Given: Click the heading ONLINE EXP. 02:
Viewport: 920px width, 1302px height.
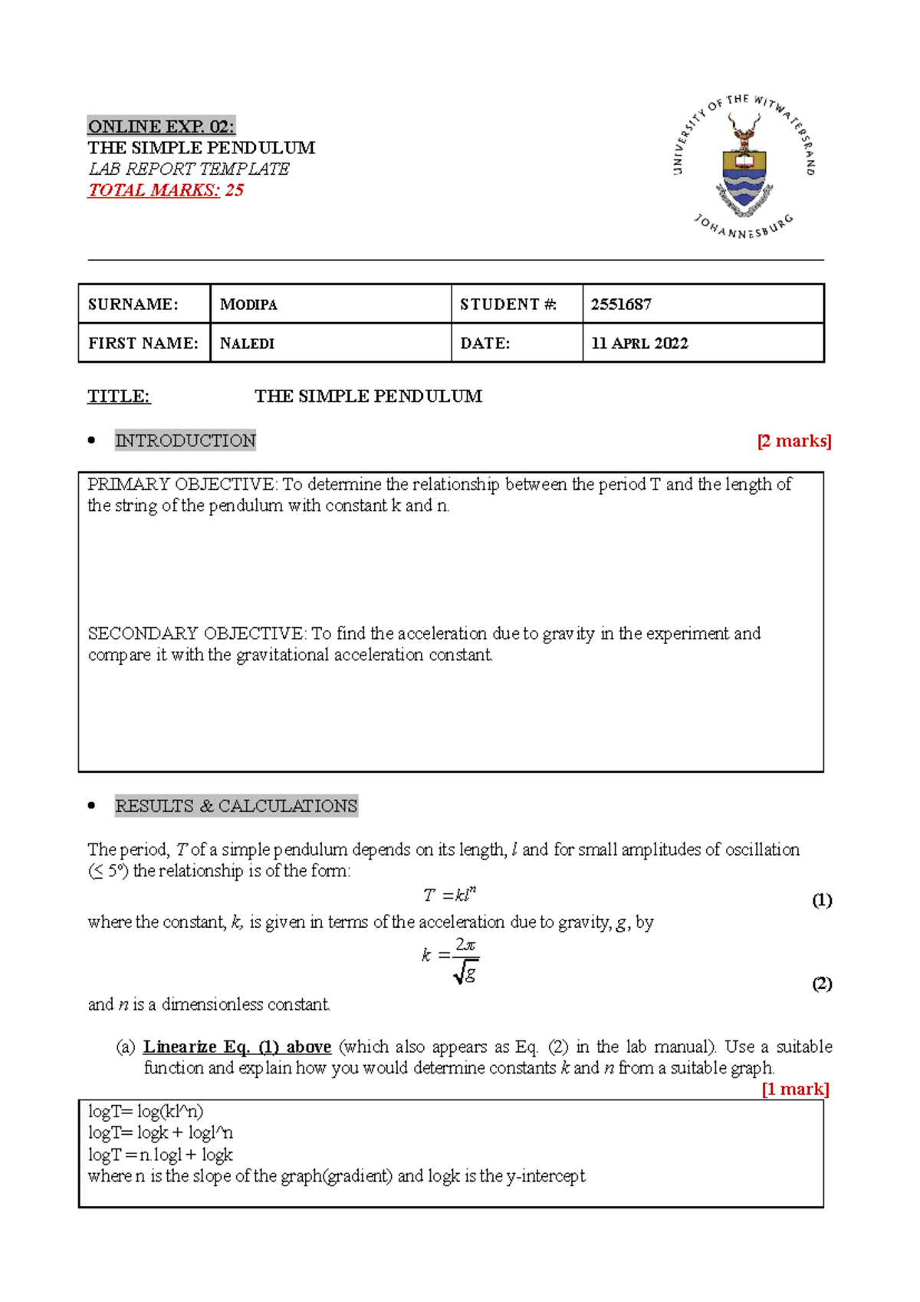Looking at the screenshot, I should pos(161,127).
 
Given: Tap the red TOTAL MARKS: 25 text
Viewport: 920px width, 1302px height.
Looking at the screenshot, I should pos(166,190).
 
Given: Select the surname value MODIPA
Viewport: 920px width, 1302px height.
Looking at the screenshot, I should pos(248,304).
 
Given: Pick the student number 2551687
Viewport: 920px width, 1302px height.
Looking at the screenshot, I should pos(621,304).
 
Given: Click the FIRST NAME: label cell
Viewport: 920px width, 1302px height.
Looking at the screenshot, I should pos(143,344).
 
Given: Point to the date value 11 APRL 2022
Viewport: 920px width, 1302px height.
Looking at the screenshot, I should pos(639,344).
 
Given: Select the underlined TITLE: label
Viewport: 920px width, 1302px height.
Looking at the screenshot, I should pos(119,396).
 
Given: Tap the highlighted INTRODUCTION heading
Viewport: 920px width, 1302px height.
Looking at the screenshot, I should pos(185,440).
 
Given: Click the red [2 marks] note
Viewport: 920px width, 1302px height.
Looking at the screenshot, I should pos(793,441).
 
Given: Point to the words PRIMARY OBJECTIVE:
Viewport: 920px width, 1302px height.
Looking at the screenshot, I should pos(182,485).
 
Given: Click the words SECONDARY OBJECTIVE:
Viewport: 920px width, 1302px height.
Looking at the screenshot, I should pos(197,633).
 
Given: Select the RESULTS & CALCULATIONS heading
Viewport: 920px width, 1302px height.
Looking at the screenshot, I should pos(236,806).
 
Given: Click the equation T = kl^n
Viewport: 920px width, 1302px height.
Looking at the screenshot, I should pos(450,895).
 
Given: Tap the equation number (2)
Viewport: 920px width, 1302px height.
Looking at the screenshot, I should pos(822,984).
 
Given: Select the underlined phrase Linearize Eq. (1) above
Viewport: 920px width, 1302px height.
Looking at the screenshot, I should pos(237,1047).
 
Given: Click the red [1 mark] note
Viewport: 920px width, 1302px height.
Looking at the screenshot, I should pos(795,1089).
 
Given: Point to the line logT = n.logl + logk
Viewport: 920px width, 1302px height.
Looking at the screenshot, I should pos(160,1155).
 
